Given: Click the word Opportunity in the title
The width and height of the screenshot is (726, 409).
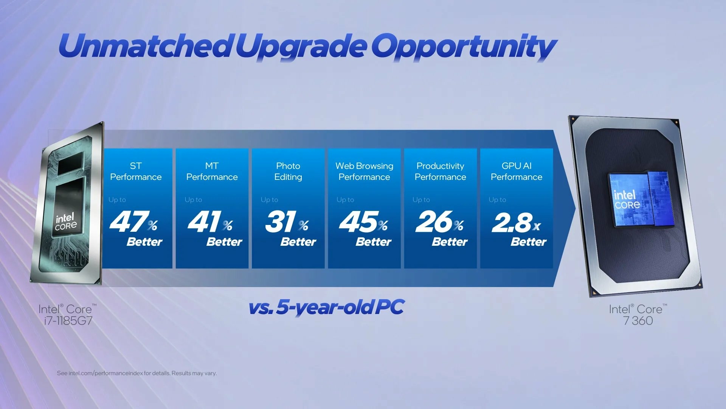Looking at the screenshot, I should click(463, 47).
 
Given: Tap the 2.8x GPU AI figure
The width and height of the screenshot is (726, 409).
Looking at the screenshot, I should click(516, 222).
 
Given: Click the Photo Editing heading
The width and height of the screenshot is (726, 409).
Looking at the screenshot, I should click(288, 171).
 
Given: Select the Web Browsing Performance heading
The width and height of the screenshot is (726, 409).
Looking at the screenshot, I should click(364, 171).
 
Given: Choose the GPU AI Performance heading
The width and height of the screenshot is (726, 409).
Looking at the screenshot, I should click(517, 171).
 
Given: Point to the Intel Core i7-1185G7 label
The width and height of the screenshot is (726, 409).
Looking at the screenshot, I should click(68, 315).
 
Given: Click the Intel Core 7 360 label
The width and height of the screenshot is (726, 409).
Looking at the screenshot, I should click(638, 315).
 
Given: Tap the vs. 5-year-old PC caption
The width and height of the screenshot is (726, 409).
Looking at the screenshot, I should click(326, 307).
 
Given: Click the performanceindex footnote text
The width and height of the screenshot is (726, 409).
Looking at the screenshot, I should click(137, 373).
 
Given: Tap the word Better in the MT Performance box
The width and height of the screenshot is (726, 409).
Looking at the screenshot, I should click(224, 242).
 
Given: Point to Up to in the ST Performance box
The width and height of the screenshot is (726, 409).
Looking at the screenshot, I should click(117, 200).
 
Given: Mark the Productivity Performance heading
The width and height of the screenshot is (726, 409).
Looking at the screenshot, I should click(440, 171).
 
